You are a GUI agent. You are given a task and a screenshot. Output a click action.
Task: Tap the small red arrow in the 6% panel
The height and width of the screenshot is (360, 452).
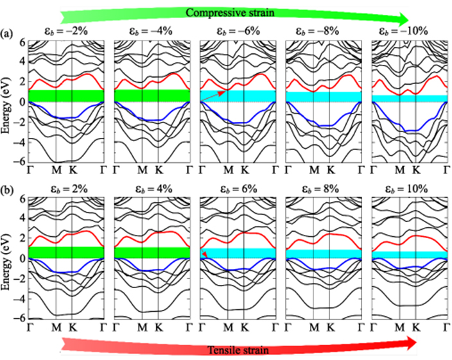pos(205,255)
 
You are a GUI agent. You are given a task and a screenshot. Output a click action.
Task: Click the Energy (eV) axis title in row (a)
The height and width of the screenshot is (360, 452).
pos(6,101)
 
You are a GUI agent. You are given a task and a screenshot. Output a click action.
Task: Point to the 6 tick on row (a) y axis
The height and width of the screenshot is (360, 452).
pos(22,42)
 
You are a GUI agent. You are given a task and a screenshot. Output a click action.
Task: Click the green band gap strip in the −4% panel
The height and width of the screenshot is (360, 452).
pos(152,96)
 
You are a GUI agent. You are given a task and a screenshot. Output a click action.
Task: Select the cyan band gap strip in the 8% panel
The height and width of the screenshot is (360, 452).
pos(323,254)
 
